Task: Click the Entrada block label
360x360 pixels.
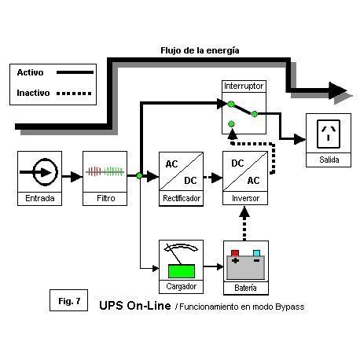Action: tap(40, 198)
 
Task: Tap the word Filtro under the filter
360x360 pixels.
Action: tap(105, 198)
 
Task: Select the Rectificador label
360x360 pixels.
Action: tap(182, 198)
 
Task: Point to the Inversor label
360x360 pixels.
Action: tap(245, 198)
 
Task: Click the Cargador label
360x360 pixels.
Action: tap(181, 286)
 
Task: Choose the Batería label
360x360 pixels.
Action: tap(245, 288)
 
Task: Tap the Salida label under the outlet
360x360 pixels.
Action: tap(329, 160)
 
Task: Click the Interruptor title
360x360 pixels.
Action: tap(244, 86)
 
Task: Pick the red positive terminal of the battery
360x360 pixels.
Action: tap(235, 253)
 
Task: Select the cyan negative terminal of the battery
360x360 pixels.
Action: tap(256, 253)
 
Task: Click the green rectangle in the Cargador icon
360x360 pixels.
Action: tap(182, 271)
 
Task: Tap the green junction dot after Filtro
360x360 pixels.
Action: tap(139, 175)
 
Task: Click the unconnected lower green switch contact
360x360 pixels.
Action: tap(231, 123)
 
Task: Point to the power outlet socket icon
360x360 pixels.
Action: tap(329, 134)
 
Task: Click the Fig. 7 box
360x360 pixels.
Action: tap(68, 300)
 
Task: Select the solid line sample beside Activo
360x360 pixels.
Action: tap(75, 72)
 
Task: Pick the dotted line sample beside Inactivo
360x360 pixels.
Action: tap(74, 93)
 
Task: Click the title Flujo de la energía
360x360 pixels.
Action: tap(200, 50)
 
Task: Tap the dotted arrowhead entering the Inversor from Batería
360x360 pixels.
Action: tap(244, 211)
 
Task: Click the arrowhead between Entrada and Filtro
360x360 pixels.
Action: tap(76, 177)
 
